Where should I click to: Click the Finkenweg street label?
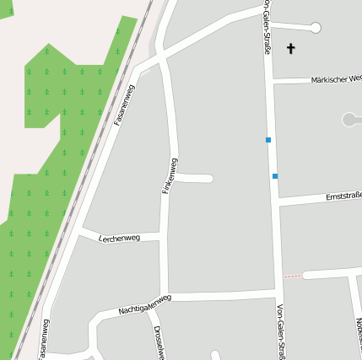pos(169,176)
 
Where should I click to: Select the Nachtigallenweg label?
pos(145,304)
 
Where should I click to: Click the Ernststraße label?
pos(343,196)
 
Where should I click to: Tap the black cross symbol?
pos(291,49)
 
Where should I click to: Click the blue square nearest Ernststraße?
pos(275,176)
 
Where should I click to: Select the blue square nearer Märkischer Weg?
pos(268,140)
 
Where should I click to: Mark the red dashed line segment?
pos(292,276)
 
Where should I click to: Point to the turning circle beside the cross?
pos(316,28)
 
